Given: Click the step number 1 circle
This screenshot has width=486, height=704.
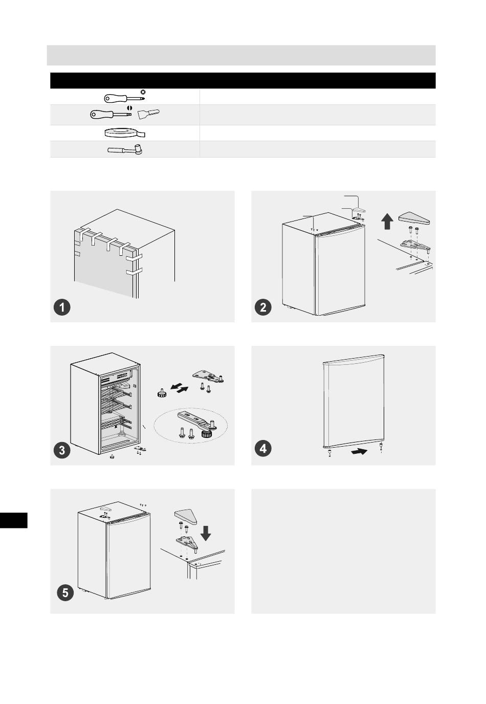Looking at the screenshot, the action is tap(62, 307).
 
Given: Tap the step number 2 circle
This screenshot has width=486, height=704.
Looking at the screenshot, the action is tap(263, 307).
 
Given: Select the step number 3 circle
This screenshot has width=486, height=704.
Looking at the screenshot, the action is tap(62, 450).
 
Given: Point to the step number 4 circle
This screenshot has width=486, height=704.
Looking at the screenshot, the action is tap(263, 448).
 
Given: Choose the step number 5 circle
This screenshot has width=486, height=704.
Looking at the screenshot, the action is tap(65, 593).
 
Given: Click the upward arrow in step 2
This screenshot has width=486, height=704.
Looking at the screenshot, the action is tap(387, 221).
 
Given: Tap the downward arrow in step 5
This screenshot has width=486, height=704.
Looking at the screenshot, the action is tap(206, 533).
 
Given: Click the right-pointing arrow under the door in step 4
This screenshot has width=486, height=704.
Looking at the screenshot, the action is tap(359, 451).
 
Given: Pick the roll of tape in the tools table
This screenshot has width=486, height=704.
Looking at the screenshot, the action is tap(125, 133).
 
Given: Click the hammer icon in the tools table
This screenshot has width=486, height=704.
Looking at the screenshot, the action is tap(125, 149).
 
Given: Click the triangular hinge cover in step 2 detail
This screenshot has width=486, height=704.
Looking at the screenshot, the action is tap(414, 218).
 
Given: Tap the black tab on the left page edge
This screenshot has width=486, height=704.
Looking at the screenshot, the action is tap(13, 520).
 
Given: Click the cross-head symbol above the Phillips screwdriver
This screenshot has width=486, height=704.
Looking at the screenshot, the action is tap(143, 92).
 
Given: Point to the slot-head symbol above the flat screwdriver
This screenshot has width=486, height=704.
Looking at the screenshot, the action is tap(129, 107).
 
